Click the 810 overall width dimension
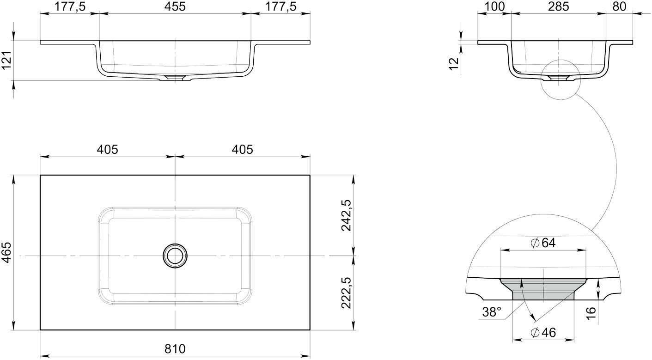[175, 348]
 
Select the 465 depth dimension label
[6, 252]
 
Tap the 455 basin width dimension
[175, 6]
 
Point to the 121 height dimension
[6, 60]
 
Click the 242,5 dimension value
[347, 215]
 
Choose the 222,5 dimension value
[347, 293]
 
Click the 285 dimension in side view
[558, 6]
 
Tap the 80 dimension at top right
[619, 6]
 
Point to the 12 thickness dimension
[454, 64]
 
